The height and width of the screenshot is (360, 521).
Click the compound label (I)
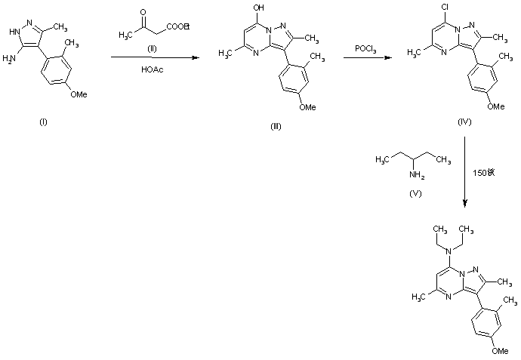click(43, 123)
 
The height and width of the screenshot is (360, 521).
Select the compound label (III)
click(276, 126)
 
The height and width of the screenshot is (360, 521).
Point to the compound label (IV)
click(464, 121)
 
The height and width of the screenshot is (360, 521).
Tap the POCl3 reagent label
click(367, 48)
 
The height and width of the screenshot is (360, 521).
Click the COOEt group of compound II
click(179, 28)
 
